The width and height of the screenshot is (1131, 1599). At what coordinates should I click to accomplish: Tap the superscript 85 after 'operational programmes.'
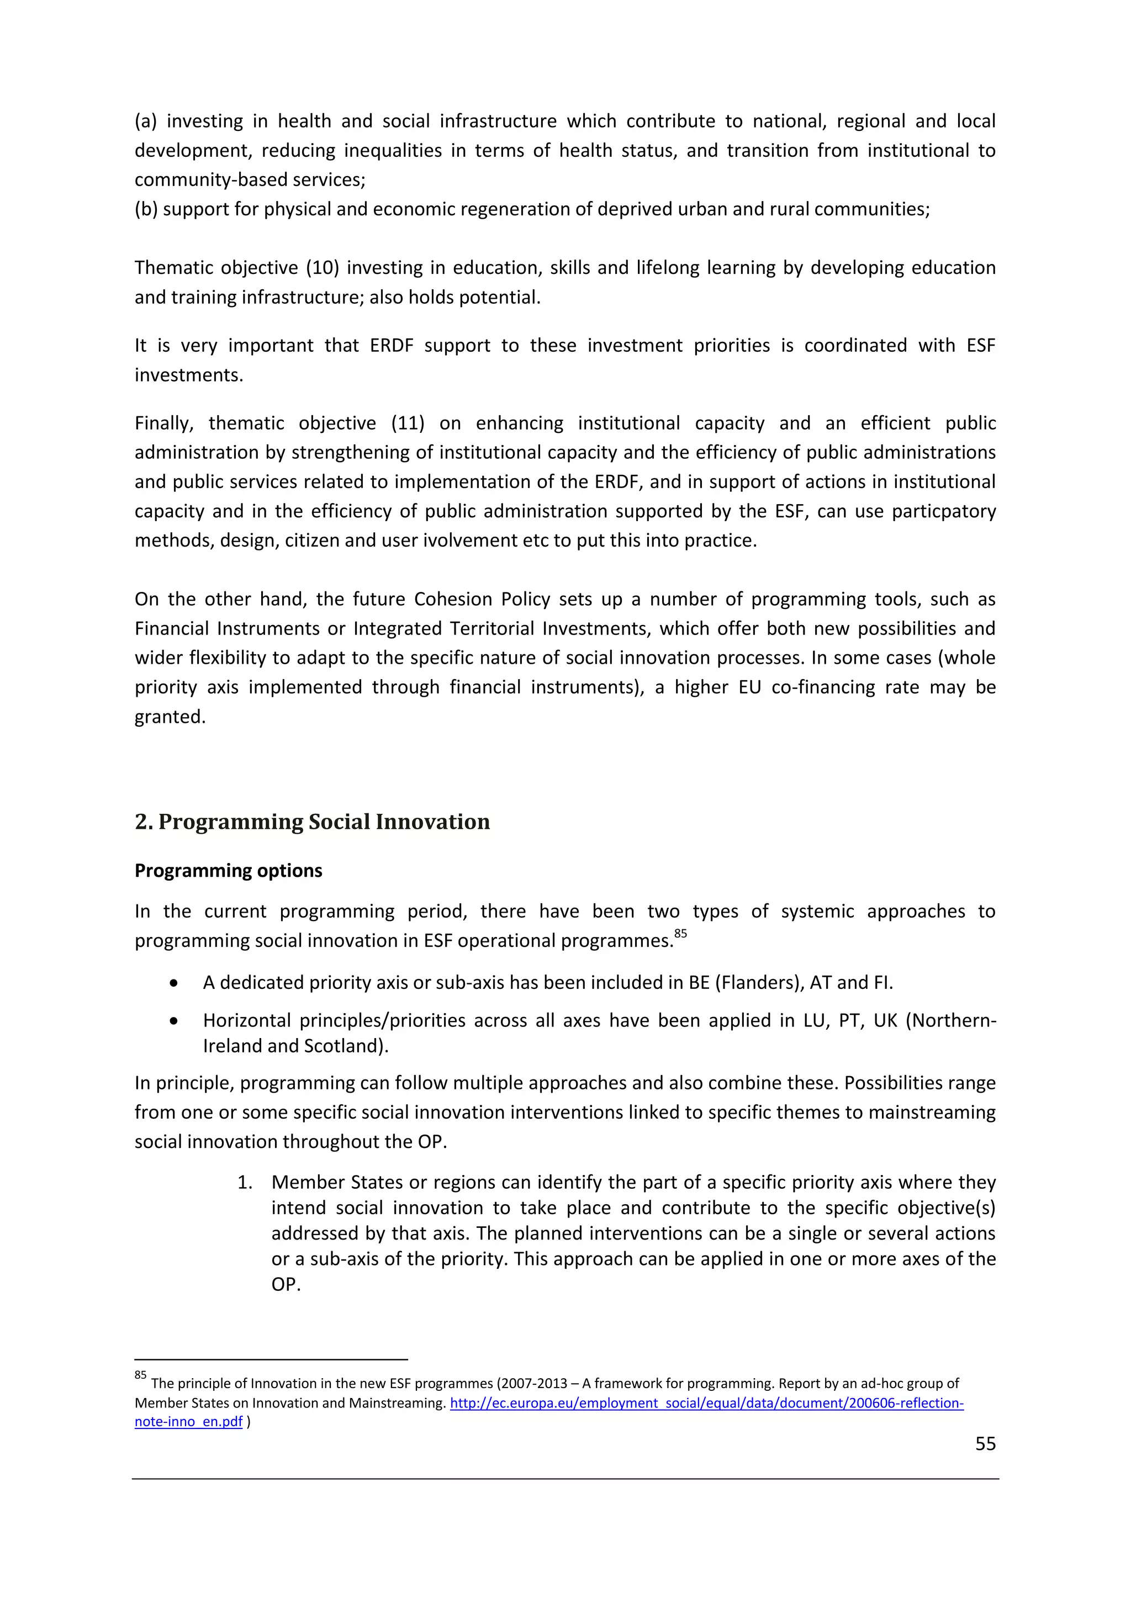click(x=680, y=933)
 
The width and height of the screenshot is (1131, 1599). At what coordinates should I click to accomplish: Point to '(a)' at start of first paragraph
click(x=146, y=121)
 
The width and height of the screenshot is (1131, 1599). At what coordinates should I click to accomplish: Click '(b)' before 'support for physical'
click(x=146, y=209)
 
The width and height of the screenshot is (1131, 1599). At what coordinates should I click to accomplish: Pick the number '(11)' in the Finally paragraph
click(x=408, y=423)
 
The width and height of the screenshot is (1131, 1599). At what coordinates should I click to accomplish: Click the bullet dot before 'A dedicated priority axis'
click(x=173, y=983)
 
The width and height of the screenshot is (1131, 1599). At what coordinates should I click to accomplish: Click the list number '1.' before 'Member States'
click(x=245, y=1183)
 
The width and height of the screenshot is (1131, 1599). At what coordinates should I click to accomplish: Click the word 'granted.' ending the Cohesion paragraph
click(x=170, y=717)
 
